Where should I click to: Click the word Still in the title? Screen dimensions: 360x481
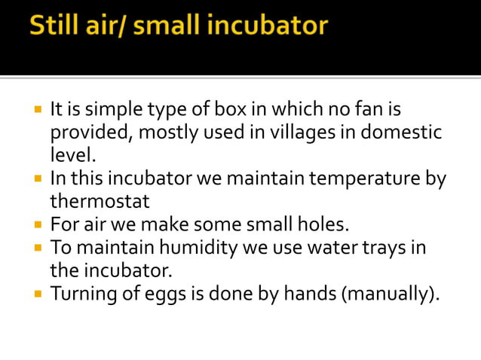click(x=54, y=28)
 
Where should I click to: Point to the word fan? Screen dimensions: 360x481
click(x=367, y=111)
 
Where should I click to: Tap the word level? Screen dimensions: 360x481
click(x=73, y=156)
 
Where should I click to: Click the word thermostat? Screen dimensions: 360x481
click(x=100, y=202)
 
